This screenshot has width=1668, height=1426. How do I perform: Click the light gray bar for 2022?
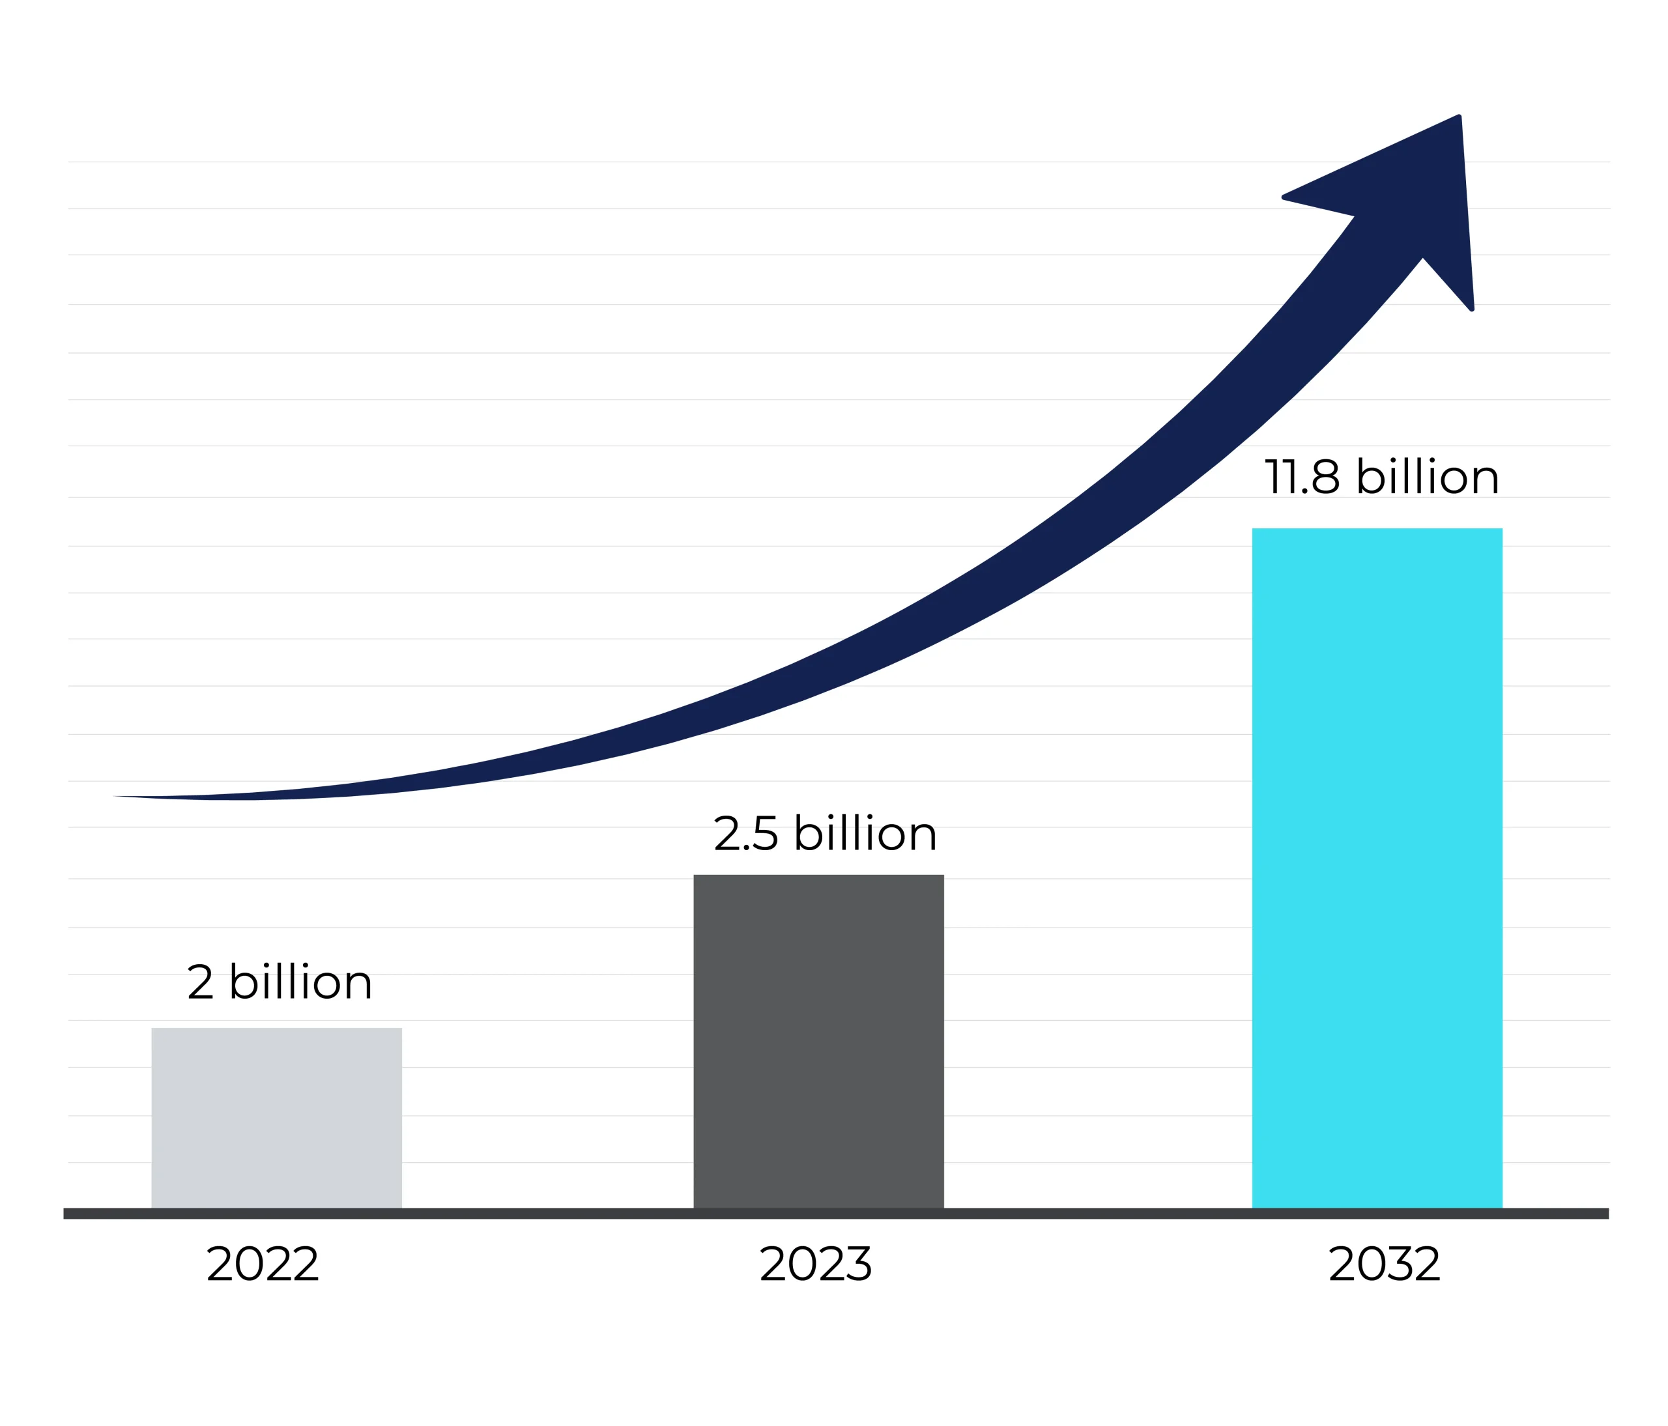(x=276, y=1119)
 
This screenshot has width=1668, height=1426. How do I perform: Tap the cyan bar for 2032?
(x=1377, y=869)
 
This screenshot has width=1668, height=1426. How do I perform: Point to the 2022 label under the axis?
(x=263, y=1264)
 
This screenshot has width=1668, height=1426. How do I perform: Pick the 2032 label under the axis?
(x=1384, y=1264)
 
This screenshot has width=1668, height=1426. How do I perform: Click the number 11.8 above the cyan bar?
(x=1302, y=478)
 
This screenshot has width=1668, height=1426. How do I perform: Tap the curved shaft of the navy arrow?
(x=885, y=628)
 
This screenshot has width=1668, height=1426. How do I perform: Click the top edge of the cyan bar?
(x=1377, y=530)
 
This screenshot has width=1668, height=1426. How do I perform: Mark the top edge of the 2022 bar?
(x=276, y=1029)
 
